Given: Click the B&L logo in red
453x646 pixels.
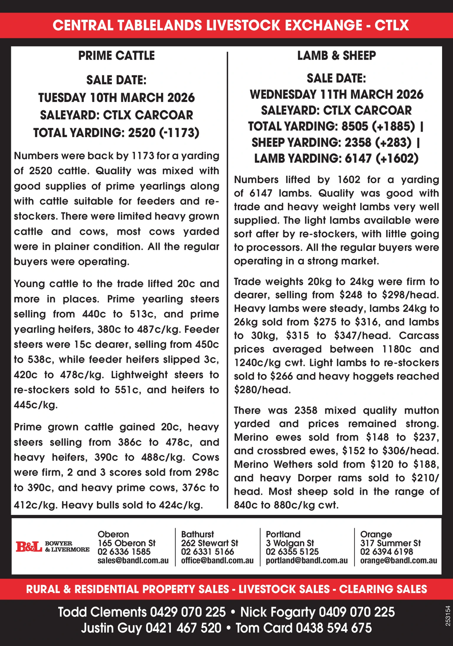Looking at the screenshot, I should click(x=29, y=547).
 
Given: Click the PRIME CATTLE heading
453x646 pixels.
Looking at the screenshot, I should click(x=116, y=55).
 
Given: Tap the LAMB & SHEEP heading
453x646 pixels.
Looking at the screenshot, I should click(x=336, y=55).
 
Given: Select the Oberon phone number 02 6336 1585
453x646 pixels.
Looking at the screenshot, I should click(x=124, y=552).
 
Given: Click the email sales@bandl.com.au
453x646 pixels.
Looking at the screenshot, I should click(x=133, y=561).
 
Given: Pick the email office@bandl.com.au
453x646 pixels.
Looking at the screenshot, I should click(x=217, y=561).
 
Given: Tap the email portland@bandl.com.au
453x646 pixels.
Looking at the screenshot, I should click(x=307, y=561).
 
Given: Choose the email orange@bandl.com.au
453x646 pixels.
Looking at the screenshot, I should click(x=398, y=561).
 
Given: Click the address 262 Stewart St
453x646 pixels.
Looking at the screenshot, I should click(x=209, y=543).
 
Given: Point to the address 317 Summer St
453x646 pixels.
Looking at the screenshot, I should click(x=390, y=543).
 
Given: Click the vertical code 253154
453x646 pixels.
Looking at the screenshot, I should click(x=447, y=616).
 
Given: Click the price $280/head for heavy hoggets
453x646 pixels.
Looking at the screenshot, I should click(x=262, y=390).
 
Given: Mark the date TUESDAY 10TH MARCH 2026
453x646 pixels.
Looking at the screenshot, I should click(x=116, y=98).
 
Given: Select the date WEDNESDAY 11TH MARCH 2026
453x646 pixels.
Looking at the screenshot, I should click(x=336, y=94).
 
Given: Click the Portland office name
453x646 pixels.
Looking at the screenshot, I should click(x=283, y=534).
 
